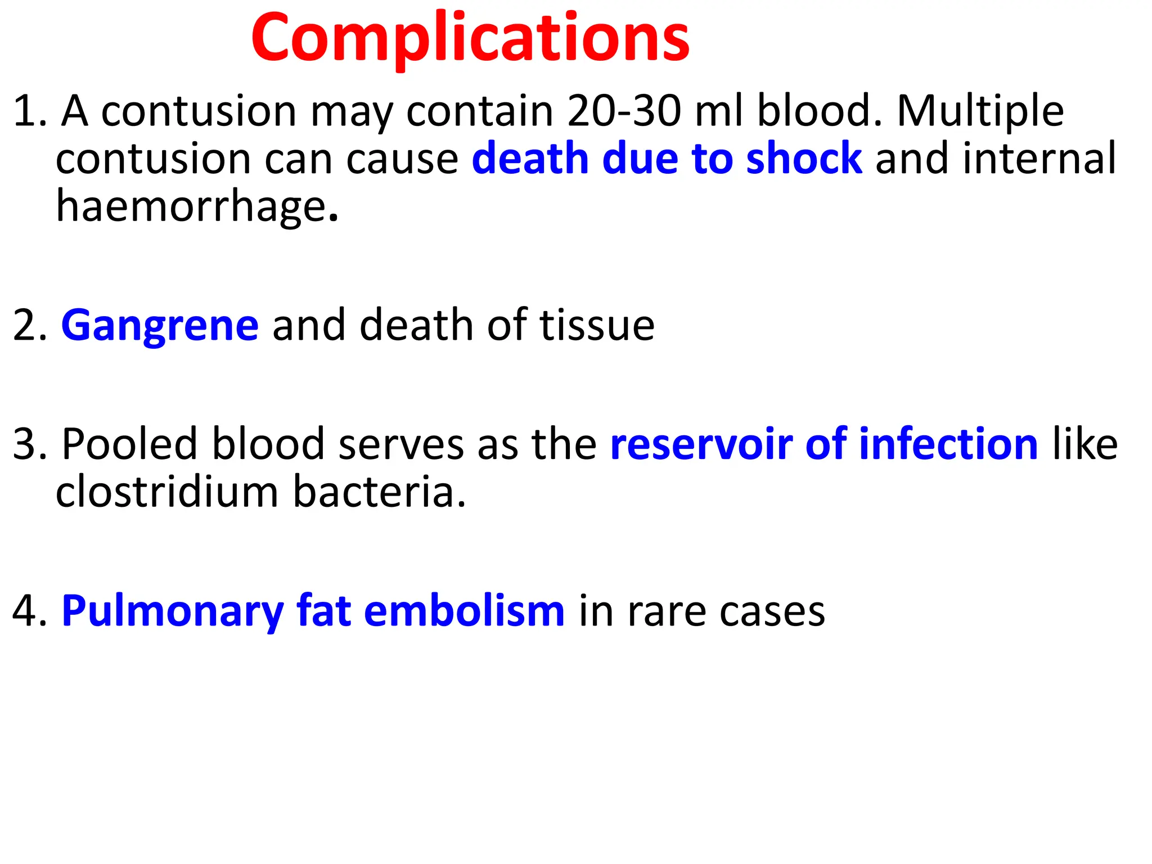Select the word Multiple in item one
[980, 111]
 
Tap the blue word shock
[804, 159]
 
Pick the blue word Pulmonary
[173, 611]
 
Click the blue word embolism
[464, 611]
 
